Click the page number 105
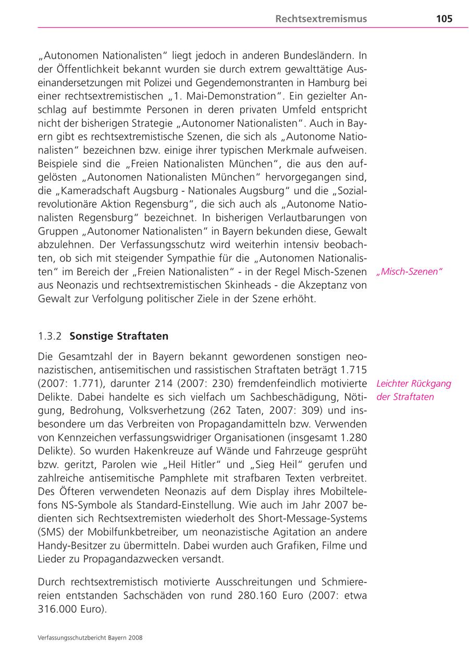tap(444, 19)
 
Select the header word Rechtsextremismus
tap(321, 19)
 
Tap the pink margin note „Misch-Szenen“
tap(409, 272)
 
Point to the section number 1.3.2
tap(50, 337)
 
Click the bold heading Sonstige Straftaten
tap(119, 337)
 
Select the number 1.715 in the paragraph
tap(354, 370)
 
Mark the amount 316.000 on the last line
tap(55, 608)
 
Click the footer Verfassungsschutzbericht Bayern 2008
tap(90, 637)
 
